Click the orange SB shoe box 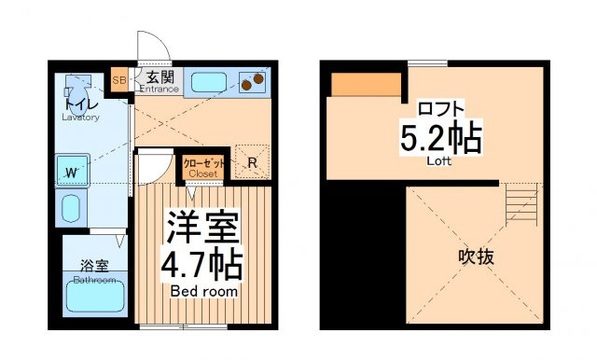click(119, 80)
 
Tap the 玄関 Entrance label click(160, 82)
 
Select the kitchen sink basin click(209, 83)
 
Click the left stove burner click(246, 86)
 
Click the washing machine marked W click(73, 171)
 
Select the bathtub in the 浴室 click(95, 296)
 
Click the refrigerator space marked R click(252, 162)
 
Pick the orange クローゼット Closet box click(203, 167)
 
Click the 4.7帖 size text click(201, 265)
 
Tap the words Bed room click(204, 292)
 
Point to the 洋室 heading click(203, 228)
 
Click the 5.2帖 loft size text click(441, 137)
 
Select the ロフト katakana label click(441, 108)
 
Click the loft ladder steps click(521, 204)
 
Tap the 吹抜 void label click(476, 256)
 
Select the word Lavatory click(81, 118)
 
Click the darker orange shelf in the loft click(367, 85)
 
